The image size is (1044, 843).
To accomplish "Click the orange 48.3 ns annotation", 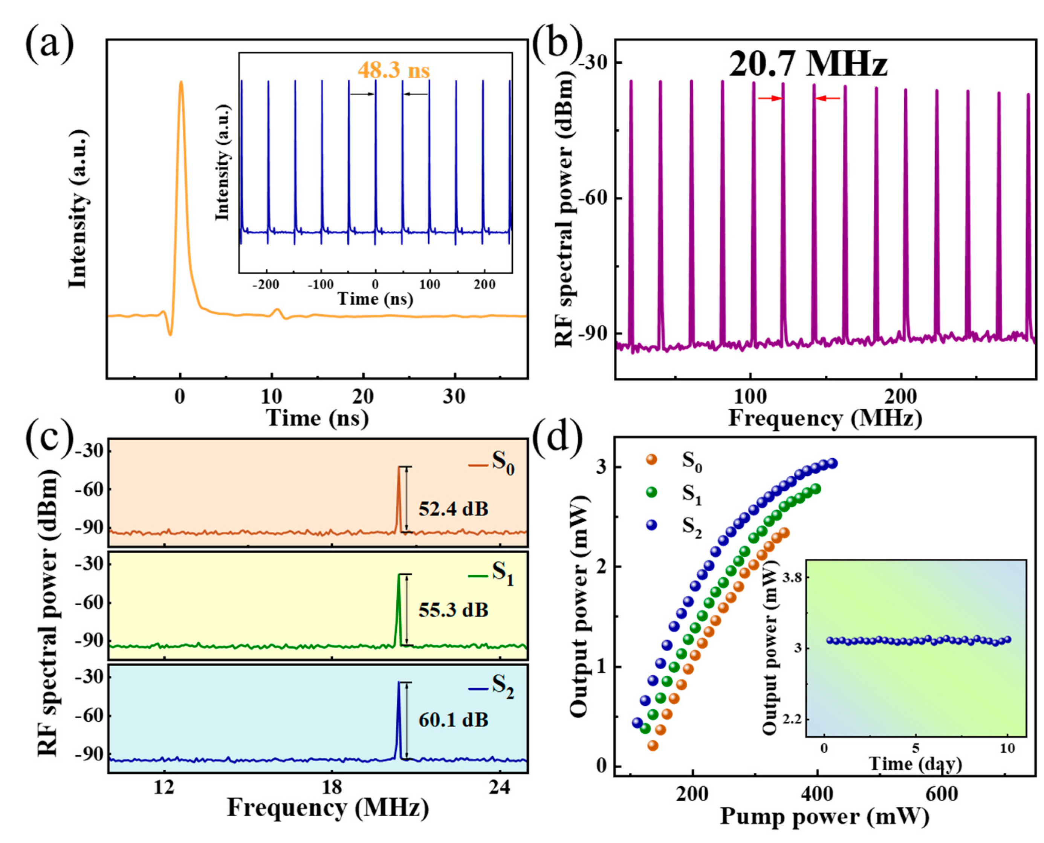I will pyautogui.click(x=394, y=71).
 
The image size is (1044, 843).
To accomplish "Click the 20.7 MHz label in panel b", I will pyautogui.click(x=808, y=64).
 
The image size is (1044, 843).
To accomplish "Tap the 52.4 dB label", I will pyautogui.click(x=453, y=509).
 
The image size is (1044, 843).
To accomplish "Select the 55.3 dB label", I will pyautogui.click(x=453, y=610).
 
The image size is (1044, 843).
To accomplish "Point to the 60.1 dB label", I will pyautogui.click(x=453, y=720).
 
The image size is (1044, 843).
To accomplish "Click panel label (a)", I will pyautogui.click(x=49, y=45).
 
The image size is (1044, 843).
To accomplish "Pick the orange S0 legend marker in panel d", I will pyautogui.click(x=651, y=459).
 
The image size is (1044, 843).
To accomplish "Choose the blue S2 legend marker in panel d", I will pyautogui.click(x=651, y=525).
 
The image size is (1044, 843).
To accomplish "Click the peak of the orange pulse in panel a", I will pyautogui.click(x=181, y=83).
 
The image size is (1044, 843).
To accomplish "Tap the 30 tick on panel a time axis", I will pyautogui.click(x=454, y=397).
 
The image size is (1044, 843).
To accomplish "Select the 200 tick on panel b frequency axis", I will pyautogui.click(x=900, y=397).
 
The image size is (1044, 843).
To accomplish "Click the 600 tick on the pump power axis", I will pyautogui.click(x=941, y=794).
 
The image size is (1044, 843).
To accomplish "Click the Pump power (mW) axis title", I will pyautogui.click(x=824, y=816).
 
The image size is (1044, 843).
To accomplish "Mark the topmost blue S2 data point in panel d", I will pyautogui.click(x=832, y=463).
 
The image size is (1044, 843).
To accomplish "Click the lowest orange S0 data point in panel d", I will pyautogui.click(x=653, y=745).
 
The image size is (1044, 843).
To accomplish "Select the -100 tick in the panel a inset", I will pyautogui.click(x=321, y=285).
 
